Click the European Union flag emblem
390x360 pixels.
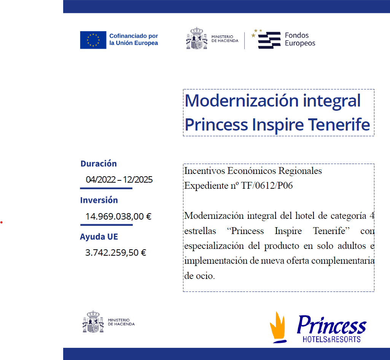(x=93, y=40)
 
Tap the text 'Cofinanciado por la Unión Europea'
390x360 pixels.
(x=134, y=39)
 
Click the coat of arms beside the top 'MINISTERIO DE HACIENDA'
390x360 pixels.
(x=197, y=38)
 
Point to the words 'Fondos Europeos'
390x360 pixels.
(x=300, y=39)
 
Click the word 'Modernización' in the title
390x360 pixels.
(x=242, y=100)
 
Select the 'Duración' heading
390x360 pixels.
(x=99, y=164)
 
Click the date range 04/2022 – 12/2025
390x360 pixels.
(x=119, y=179)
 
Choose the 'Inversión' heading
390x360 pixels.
(x=99, y=200)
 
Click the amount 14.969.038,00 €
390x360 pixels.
(x=118, y=216)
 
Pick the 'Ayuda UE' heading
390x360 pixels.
(x=99, y=237)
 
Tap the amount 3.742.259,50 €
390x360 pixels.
(x=116, y=253)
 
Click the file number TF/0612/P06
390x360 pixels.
(x=267, y=186)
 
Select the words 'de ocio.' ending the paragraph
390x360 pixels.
(x=199, y=276)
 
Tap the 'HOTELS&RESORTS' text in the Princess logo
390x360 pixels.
(x=331, y=339)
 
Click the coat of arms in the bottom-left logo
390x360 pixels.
(x=93, y=322)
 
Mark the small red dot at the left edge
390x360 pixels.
(x=2, y=222)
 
